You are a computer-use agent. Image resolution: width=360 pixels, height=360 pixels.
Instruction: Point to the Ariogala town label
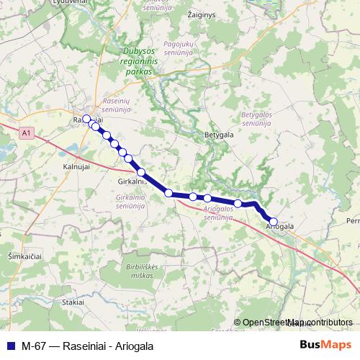pos(280,226)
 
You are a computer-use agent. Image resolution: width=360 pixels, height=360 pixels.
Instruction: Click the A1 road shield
pos(27,133)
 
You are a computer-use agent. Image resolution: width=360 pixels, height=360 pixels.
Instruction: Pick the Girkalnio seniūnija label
pos(131,201)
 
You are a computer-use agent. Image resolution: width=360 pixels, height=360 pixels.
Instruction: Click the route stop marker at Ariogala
pos(273,222)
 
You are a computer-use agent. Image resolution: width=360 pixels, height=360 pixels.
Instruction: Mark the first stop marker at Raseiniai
pos(86,119)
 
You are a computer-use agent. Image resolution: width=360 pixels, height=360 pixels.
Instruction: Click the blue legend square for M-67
pos(10,345)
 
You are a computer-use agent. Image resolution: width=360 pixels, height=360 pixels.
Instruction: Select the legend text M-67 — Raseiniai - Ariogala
pos(87,345)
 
